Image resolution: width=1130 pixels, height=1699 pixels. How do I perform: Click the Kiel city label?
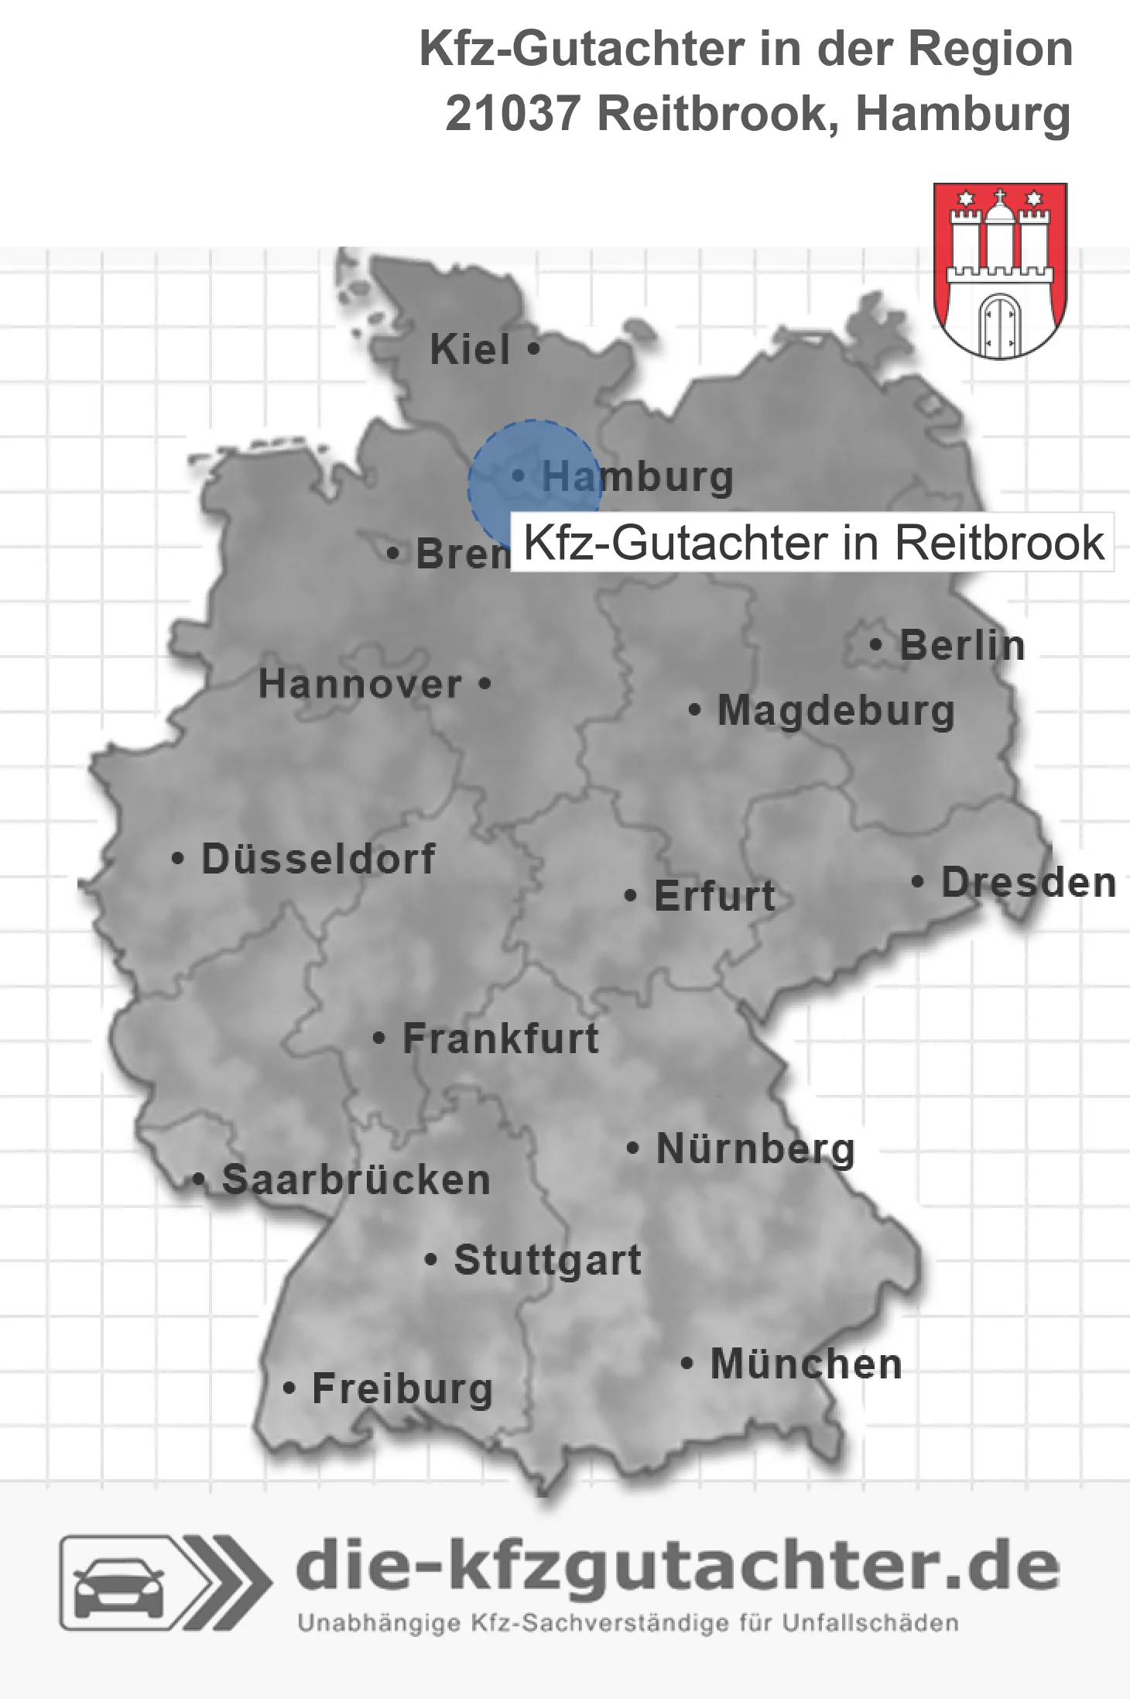pos(470,349)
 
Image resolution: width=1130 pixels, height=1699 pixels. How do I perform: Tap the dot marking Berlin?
pos(876,644)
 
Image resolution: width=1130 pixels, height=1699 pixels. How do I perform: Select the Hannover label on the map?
pos(360,685)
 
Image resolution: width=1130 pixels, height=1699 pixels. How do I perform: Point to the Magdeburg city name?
pos(836,711)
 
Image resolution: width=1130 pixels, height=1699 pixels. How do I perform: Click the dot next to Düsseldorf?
pos(178,859)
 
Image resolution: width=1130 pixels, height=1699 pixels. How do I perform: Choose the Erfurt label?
pos(714,896)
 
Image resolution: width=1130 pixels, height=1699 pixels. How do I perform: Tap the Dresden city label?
pos(1028,883)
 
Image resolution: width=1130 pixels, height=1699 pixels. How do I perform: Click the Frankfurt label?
pos(501,1038)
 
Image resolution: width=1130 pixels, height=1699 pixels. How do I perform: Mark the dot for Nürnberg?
pos(633,1148)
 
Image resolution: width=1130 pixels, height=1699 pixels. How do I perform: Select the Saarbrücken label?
pos(356,1180)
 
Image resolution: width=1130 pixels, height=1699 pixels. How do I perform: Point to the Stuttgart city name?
pos(547,1260)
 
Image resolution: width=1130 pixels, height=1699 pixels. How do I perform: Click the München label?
pos(806,1364)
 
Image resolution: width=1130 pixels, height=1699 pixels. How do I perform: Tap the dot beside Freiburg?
pos(289,1388)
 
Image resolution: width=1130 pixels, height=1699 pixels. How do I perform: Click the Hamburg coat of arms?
pos(1000,270)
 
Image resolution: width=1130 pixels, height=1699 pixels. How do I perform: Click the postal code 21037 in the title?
pos(512,114)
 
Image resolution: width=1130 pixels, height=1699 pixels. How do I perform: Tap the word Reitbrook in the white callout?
pos(999,542)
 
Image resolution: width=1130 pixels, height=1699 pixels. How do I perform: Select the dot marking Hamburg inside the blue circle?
pos(519,475)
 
